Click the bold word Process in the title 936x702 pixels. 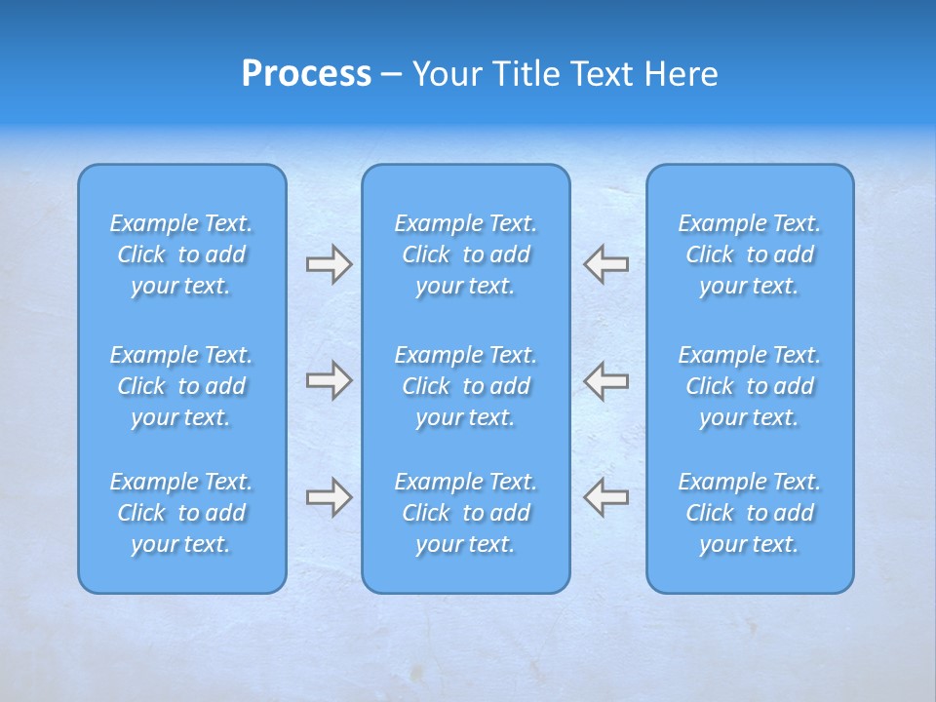[x=306, y=74]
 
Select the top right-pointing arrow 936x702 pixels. [x=329, y=264]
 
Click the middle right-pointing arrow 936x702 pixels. [x=329, y=380]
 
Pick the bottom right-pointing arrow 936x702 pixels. [x=329, y=497]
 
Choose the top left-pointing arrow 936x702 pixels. [x=605, y=264]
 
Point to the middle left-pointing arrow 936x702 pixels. [x=605, y=380]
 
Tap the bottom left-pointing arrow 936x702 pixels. [x=605, y=497]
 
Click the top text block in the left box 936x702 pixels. [x=181, y=254]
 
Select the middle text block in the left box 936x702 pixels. [x=181, y=386]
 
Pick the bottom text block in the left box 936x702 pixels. [x=181, y=513]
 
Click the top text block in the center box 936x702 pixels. [x=465, y=254]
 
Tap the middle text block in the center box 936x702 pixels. [x=465, y=386]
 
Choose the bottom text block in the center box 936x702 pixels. [x=465, y=513]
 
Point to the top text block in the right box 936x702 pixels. [x=749, y=254]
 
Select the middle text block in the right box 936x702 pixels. [x=749, y=386]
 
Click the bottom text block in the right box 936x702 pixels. [x=749, y=513]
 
